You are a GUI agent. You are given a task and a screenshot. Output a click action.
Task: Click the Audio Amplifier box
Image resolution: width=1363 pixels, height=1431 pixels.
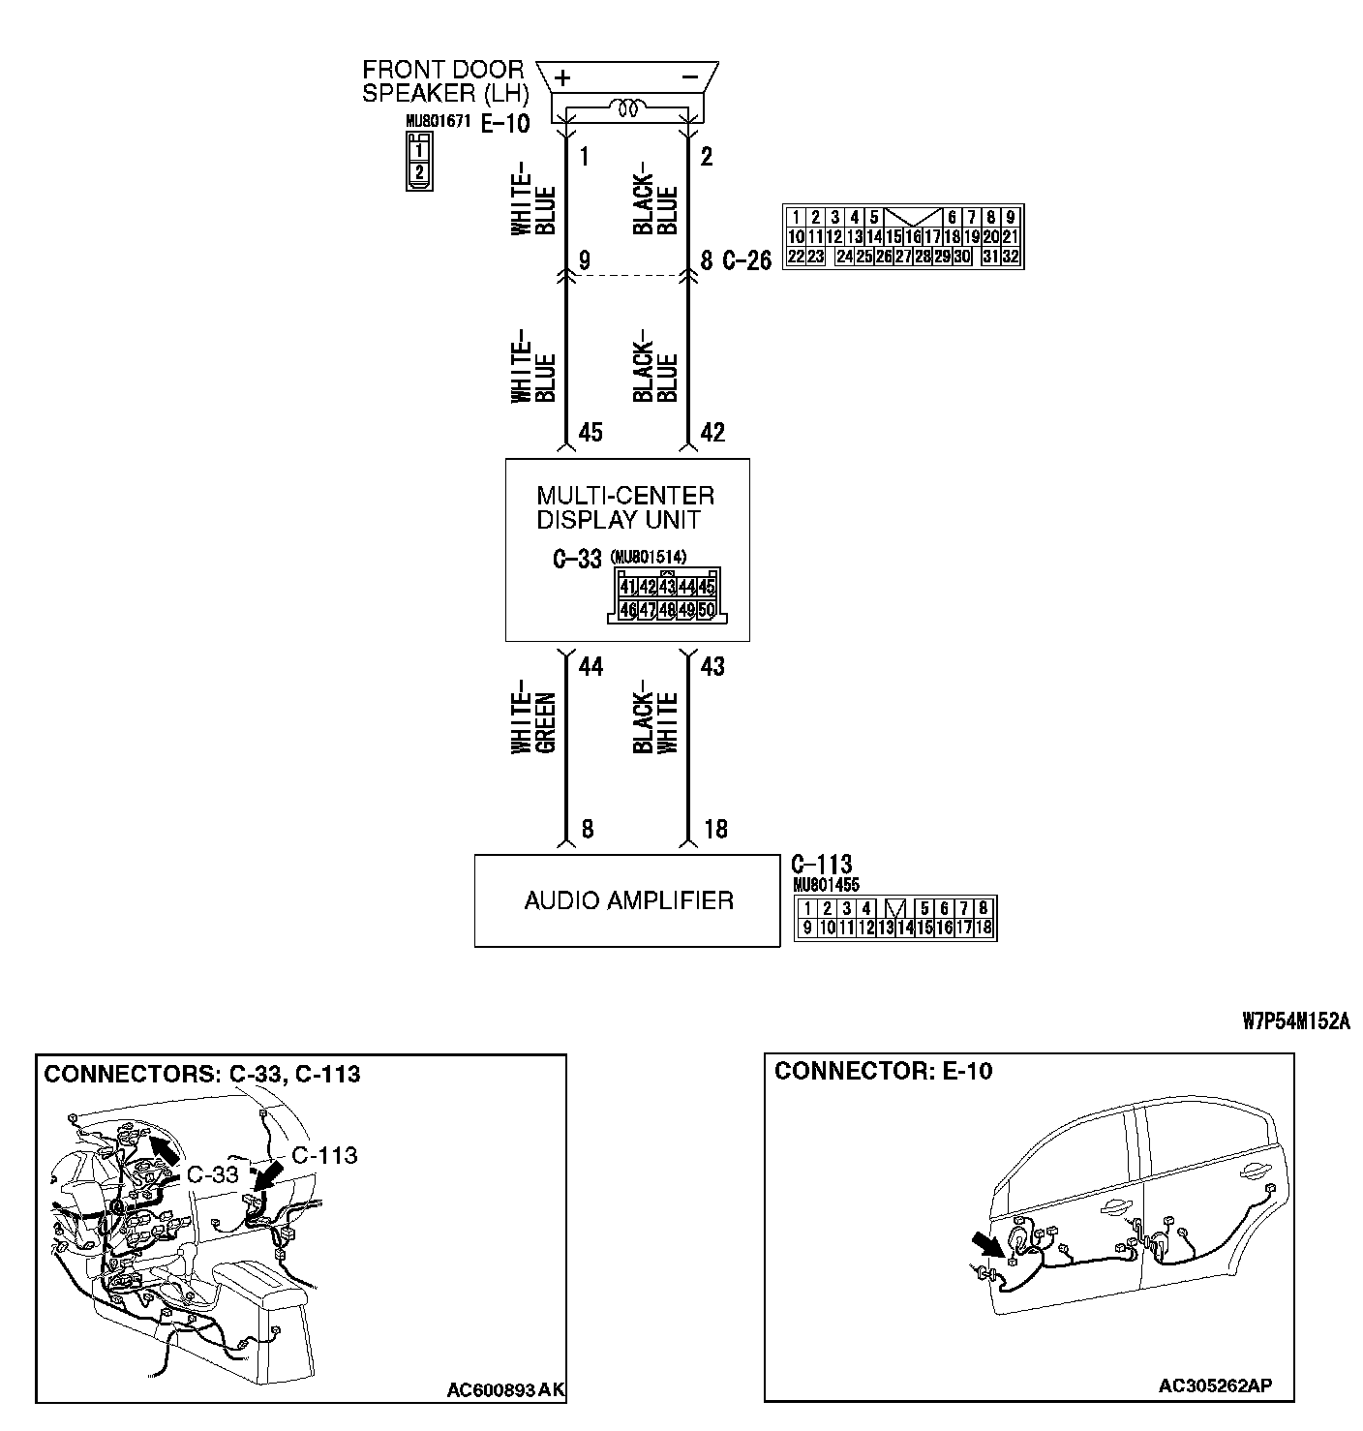[626, 900]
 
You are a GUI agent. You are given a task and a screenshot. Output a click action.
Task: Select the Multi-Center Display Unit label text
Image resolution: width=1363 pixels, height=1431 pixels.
[625, 508]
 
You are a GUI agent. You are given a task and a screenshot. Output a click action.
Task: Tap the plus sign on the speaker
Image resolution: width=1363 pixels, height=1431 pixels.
[562, 77]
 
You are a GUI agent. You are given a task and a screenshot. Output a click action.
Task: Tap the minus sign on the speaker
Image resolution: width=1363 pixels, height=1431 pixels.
[690, 76]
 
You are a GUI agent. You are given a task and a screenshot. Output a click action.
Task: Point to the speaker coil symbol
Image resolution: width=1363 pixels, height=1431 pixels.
[628, 108]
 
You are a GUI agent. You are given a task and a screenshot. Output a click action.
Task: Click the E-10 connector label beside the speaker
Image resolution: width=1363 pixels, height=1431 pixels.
[505, 124]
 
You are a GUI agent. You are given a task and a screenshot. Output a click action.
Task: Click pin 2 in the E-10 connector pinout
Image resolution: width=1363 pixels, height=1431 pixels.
[418, 172]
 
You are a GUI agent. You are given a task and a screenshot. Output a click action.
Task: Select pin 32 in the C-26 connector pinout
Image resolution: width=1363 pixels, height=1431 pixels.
[1010, 257]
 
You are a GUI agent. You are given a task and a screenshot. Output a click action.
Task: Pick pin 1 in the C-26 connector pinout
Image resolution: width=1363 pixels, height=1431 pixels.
[795, 218]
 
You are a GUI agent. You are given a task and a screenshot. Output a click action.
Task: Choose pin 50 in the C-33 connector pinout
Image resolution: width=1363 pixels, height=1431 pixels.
[706, 610]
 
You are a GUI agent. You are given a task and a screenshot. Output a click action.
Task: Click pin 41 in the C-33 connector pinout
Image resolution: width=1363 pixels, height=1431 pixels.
[627, 587]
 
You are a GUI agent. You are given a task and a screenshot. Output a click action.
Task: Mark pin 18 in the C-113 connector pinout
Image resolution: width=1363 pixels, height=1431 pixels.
[984, 928]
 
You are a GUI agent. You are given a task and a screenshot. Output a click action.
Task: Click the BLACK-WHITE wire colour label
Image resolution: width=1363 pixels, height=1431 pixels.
[655, 722]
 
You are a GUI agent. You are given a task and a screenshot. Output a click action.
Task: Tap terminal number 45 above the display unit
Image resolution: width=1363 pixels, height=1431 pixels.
[591, 432]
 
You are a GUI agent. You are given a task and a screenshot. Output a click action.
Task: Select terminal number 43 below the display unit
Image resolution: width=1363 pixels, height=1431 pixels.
[712, 666]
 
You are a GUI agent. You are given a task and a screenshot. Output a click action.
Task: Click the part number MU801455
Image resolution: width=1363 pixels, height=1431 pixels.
[826, 885]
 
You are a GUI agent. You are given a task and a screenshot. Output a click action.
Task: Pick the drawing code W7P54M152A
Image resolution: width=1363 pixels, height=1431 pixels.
[1295, 1021]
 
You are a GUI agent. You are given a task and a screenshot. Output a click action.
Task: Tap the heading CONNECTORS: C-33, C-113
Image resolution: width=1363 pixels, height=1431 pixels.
[202, 1074]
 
